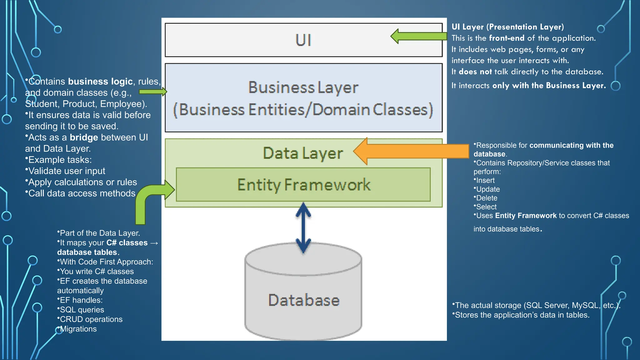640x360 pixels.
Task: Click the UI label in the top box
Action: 303,40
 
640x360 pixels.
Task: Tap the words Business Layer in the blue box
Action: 303,87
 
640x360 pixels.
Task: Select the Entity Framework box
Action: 303,185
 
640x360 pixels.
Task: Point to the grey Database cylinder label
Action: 304,300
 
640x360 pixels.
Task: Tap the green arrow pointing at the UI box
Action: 419,36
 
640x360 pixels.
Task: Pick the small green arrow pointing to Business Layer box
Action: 153,92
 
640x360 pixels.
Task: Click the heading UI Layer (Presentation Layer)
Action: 507,27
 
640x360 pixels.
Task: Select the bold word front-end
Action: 506,38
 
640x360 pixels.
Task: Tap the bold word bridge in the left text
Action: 84,137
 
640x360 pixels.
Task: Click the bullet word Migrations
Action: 78,329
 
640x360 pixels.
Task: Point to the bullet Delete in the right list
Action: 487,198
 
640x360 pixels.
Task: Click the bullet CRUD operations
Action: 91,319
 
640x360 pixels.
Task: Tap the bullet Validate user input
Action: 67,171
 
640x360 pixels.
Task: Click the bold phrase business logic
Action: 100,82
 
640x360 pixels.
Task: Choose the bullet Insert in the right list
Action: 485,181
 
